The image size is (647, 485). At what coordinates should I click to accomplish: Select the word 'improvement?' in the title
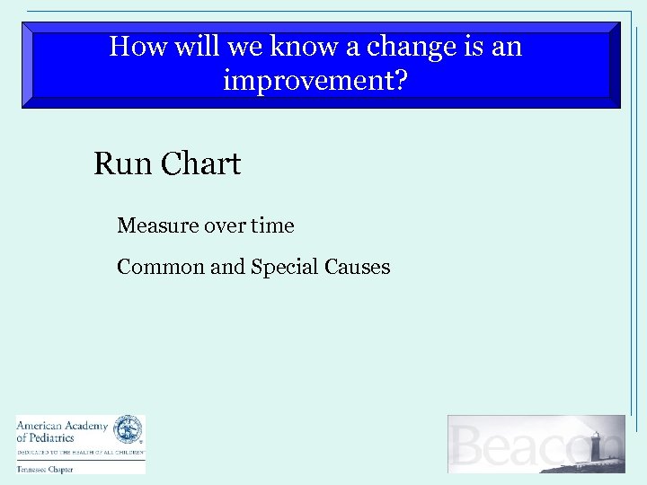pyautogui.click(x=315, y=82)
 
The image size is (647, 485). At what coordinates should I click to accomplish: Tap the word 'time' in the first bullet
pyautogui.click(x=272, y=225)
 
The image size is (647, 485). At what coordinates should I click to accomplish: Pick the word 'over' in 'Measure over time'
pyautogui.click(x=226, y=225)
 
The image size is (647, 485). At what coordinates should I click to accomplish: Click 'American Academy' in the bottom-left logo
pyautogui.click(x=61, y=426)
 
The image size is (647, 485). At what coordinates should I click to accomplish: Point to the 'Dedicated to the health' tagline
pyautogui.click(x=79, y=451)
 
